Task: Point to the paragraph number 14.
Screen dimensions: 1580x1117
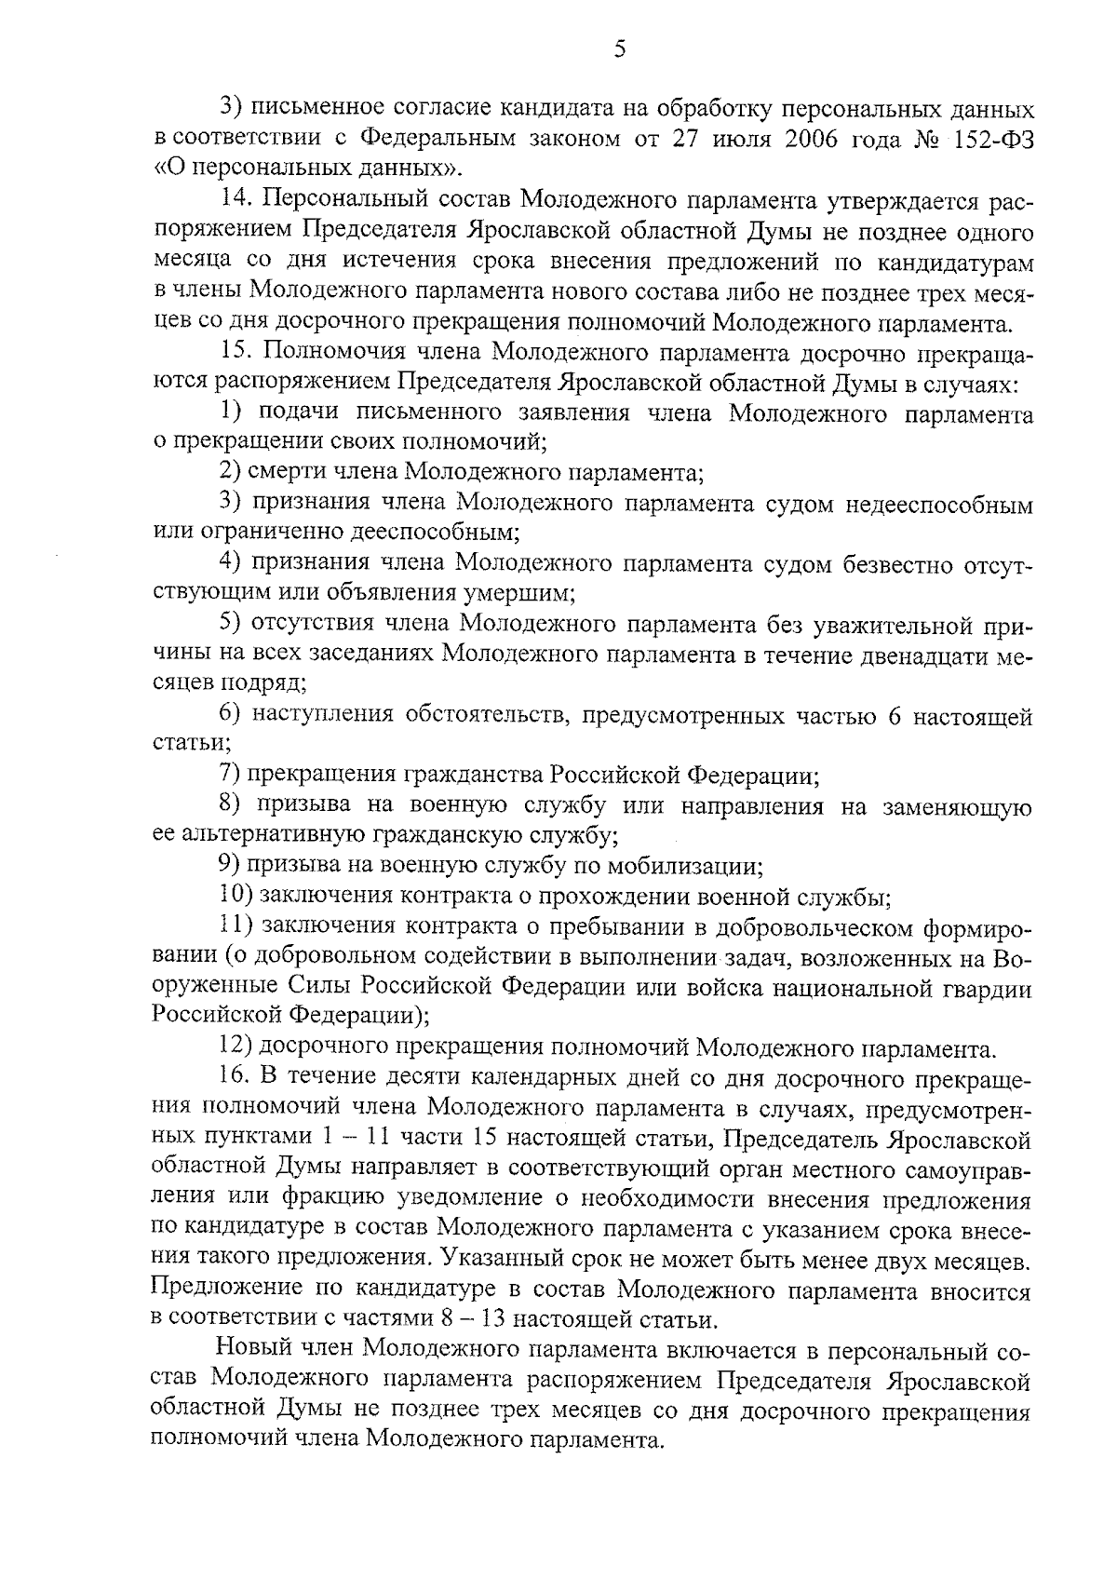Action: pyautogui.click(x=235, y=200)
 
